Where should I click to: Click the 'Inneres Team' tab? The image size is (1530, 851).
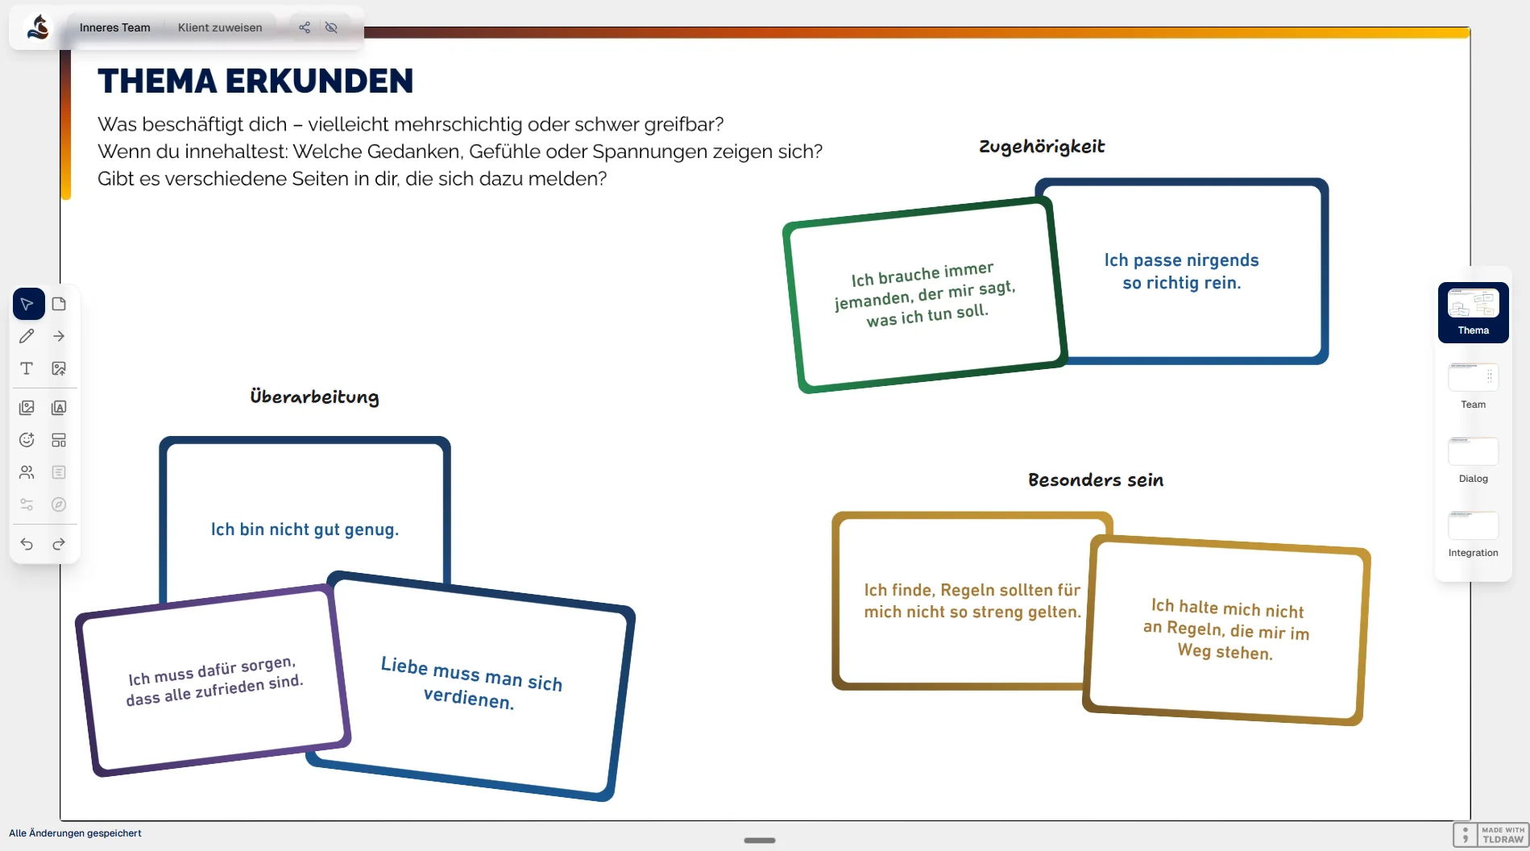point(114,27)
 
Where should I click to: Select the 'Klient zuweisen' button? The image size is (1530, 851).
point(220,27)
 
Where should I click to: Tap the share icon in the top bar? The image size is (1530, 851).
point(305,27)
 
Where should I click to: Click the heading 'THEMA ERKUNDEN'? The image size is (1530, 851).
point(255,81)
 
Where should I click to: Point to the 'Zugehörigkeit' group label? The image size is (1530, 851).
point(1042,147)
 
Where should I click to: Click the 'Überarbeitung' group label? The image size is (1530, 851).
point(314,396)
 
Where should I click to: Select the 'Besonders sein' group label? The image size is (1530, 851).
point(1096,480)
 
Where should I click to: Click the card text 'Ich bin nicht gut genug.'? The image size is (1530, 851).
point(305,529)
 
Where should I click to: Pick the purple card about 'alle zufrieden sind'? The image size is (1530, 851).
point(214,682)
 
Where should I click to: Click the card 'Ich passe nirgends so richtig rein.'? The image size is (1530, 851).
point(1181,272)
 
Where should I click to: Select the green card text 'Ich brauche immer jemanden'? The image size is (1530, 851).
point(925,294)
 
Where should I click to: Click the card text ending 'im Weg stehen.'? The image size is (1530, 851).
point(1226,629)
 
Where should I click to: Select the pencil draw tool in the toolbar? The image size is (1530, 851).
point(27,336)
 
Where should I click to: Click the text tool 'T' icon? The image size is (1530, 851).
point(27,368)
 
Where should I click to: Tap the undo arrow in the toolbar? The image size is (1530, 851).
point(27,544)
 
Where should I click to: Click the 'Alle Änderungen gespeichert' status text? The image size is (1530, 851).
point(75,833)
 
